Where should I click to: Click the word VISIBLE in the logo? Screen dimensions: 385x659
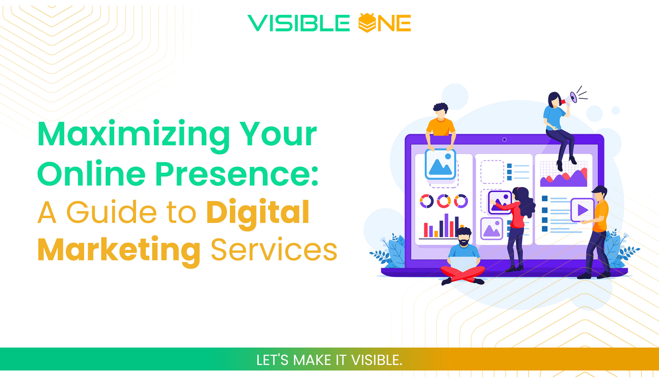[x=298, y=23]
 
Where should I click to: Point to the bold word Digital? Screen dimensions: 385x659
[x=258, y=212]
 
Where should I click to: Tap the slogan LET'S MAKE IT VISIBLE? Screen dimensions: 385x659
[x=329, y=360]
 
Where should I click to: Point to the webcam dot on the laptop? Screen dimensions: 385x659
[x=505, y=139]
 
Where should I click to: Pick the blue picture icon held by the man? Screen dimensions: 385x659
[x=440, y=164]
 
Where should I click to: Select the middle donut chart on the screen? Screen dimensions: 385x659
[x=444, y=201]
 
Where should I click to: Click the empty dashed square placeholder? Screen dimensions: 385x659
[x=492, y=172]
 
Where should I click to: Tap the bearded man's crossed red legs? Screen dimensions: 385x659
[x=463, y=274]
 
